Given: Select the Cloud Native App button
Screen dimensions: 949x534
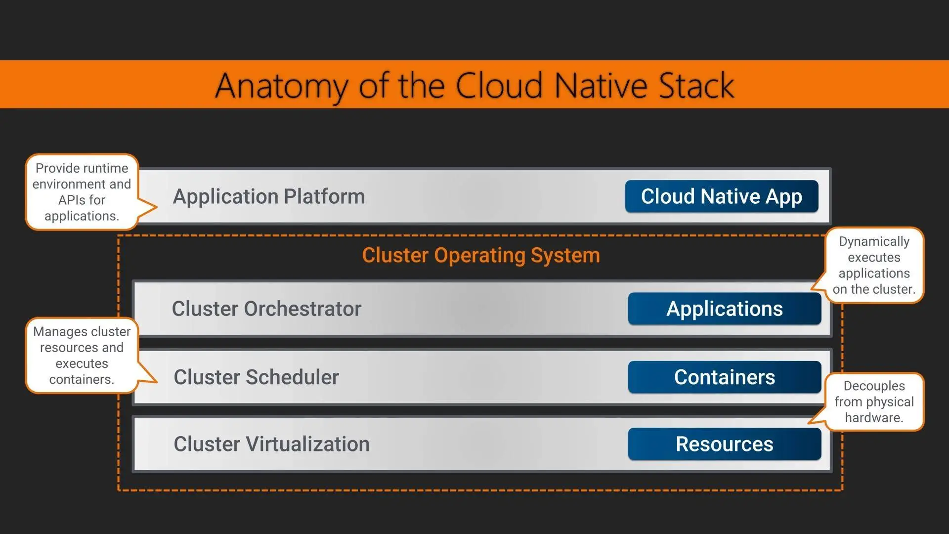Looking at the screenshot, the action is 722,196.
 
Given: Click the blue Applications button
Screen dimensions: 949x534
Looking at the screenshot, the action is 725,309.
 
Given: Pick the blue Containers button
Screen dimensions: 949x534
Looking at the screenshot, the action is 725,377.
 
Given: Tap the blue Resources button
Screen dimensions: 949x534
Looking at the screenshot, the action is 725,444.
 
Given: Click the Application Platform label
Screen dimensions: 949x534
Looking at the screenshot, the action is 269,197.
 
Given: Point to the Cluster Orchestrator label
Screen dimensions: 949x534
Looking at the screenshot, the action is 266,309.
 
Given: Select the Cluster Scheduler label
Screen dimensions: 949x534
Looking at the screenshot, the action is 256,377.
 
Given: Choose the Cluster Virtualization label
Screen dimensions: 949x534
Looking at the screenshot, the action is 271,444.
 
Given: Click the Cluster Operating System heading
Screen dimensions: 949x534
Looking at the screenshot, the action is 481,256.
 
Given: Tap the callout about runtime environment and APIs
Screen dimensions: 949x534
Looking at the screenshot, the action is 82,192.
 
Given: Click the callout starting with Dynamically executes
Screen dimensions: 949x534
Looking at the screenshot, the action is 874,266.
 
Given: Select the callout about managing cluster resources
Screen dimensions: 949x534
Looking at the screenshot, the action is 82,356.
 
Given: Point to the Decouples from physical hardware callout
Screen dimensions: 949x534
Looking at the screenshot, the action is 874,401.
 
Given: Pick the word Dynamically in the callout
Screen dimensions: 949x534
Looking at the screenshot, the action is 874,242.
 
